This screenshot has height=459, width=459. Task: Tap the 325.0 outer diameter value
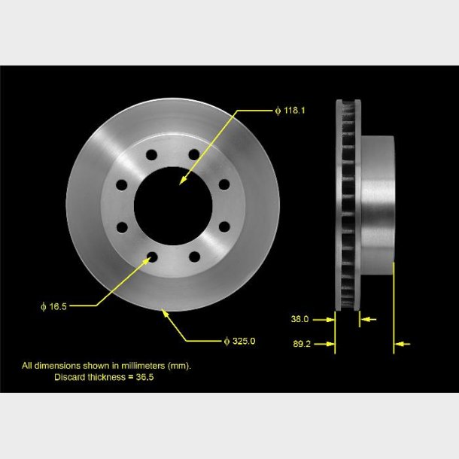tap(243, 341)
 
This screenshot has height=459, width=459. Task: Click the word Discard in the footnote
tap(69, 376)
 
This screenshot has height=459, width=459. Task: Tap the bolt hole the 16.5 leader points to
tap(151, 258)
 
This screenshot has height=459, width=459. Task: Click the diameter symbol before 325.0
tap(226, 341)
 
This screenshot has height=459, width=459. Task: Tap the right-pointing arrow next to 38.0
tap(330, 319)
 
